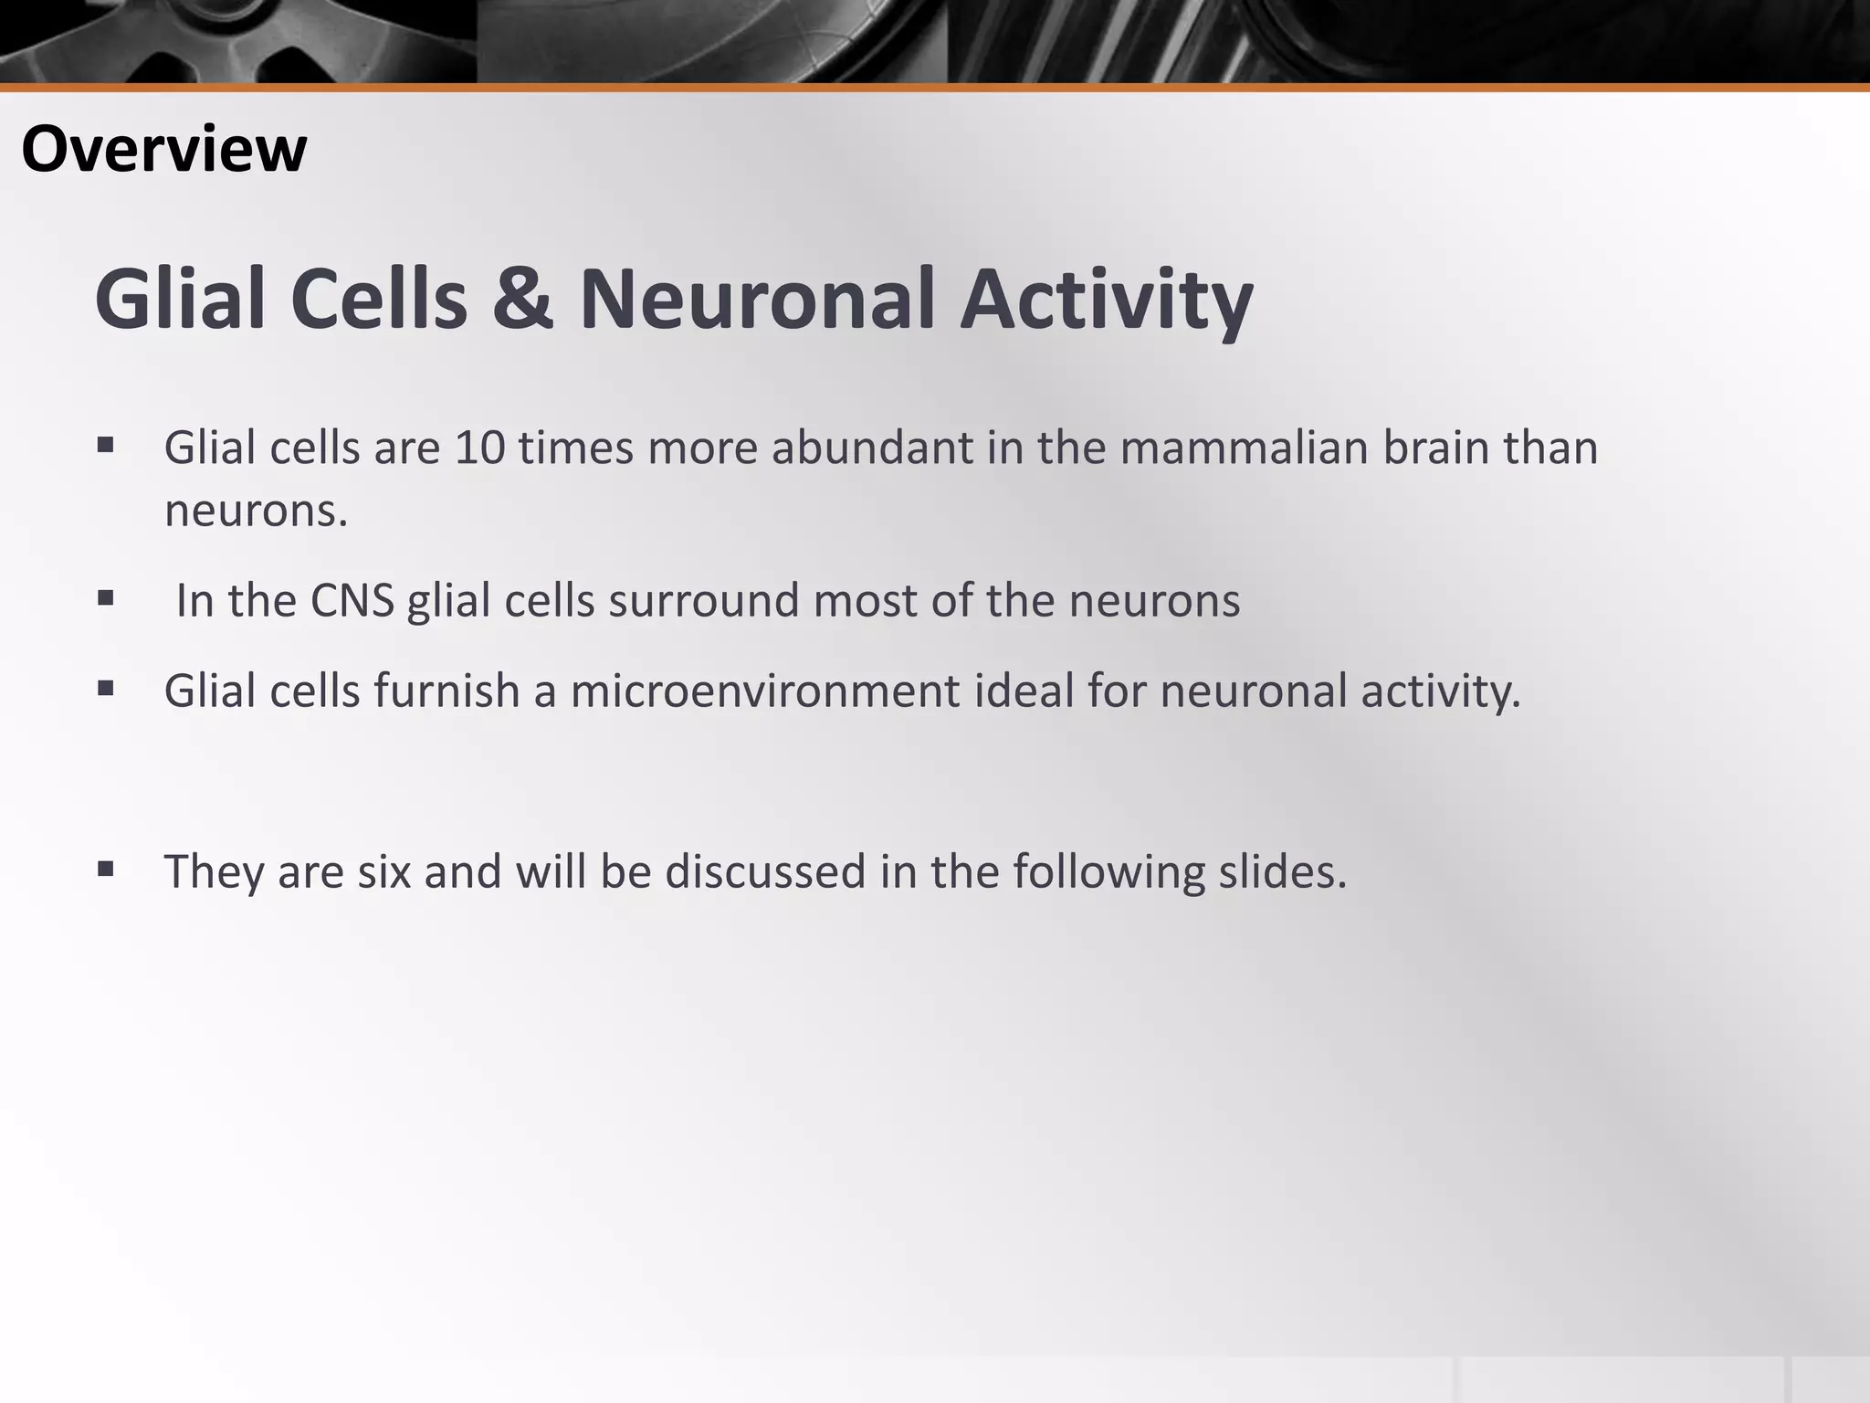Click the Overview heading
tap(163, 149)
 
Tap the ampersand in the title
tap(522, 300)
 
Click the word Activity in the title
tap(1106, 300)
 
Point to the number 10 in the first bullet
tap(479, 448)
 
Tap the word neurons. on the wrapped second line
tap(256, 511)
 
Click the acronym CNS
tap(352, 601)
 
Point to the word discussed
tap(764, 871)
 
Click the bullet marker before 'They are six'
tap(105, 868)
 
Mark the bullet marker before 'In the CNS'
tap(105, 598)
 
